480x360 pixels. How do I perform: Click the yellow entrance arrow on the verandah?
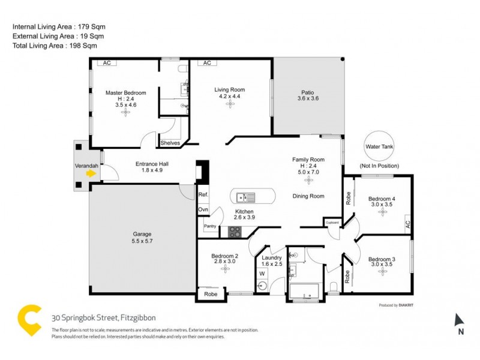(x=91, y=173)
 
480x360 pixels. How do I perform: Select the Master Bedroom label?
(x=125, y=92)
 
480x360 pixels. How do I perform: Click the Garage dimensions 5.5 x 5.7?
(x=142, y=242)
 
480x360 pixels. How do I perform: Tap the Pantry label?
(x=210, y=226)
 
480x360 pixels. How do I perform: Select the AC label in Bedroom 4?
(x=408, y=224)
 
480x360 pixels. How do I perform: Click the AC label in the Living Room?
(x=207, y=63)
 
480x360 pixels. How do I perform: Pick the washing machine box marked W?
(x=262, y=274)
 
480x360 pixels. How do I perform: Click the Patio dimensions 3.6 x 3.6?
(x=308, y=98)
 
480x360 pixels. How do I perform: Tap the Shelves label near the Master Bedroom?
(x=170, y=143)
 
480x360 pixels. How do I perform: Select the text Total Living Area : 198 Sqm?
(x=55, y=45)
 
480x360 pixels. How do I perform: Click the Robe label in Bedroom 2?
(x=211, y=295)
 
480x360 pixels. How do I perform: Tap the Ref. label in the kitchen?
(x=203, y=194)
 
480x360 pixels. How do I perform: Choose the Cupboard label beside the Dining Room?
(x=332, y=223)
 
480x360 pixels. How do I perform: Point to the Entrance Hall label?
(x=141, y=163)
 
